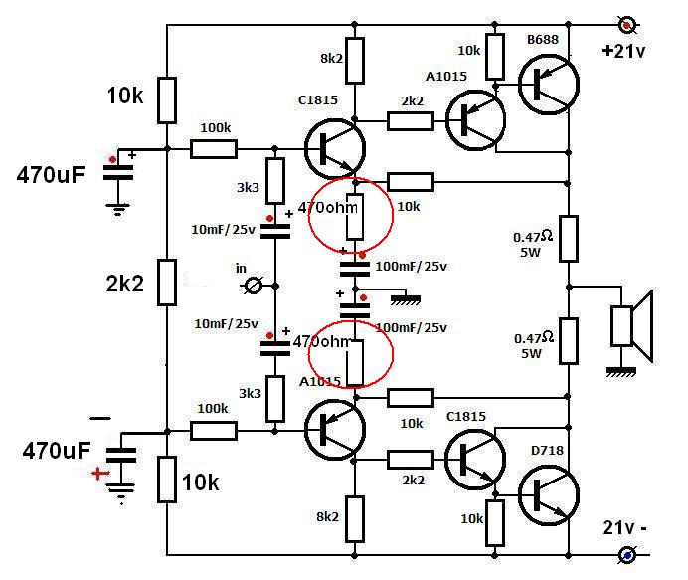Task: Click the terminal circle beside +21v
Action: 627,22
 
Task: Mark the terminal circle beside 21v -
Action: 627,554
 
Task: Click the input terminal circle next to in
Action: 254,287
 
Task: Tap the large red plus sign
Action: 98,473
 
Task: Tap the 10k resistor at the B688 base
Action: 494,59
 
